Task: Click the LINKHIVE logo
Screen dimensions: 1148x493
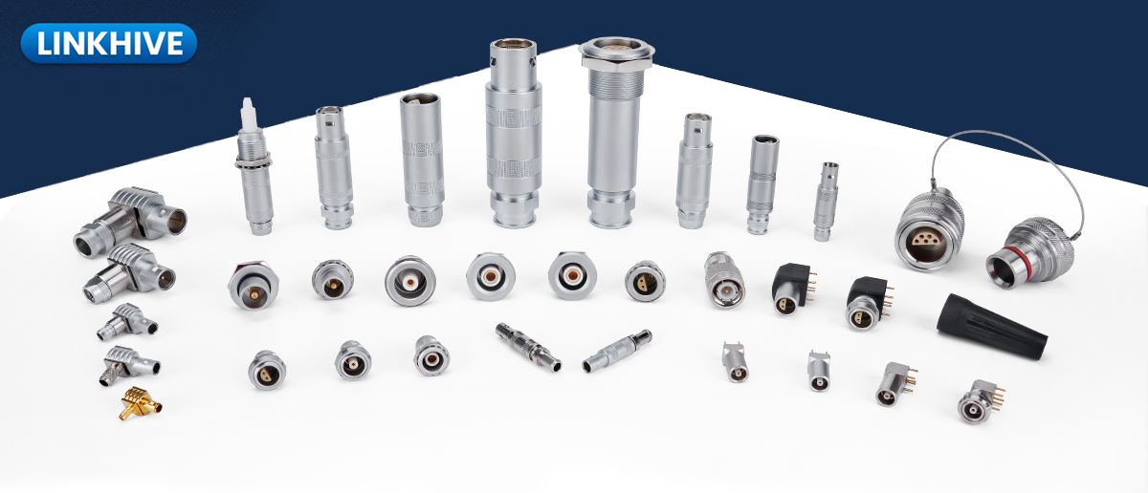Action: (x=109, y=43)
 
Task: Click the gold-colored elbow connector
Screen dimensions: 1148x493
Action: (x=140, y=404)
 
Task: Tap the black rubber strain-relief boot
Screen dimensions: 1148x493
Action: (x=991, y=326)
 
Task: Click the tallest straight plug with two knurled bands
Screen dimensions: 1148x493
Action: (x=514, y=133)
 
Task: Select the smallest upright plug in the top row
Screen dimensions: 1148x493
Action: (x=826, y=202)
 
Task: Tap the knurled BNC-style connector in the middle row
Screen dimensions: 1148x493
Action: (x=724, y=279)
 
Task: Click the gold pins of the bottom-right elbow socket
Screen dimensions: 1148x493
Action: (x=996, y=398)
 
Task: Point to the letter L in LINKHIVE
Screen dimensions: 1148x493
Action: (x=45, y=44)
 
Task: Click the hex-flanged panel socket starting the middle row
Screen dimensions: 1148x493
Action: (x=254, y=285)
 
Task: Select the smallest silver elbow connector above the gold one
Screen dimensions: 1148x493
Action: (x=131, y=365)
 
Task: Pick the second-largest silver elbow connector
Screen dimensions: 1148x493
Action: (x=128, y=273)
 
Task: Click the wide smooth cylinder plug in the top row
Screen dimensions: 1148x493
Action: (x=422, y=160)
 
